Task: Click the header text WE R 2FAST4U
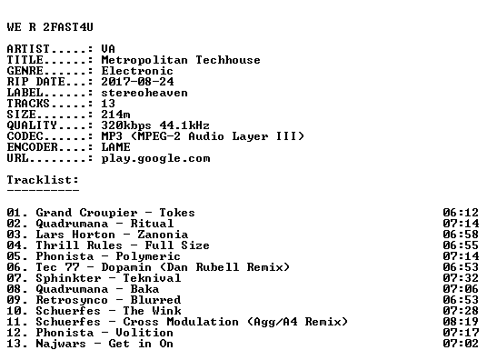click(x=50, y=27)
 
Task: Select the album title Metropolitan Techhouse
click(x=181, y=60)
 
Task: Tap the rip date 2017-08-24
click(x=137, y=82)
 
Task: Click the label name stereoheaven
click(x=144, y=93)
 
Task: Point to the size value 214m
click(x=115, y=115)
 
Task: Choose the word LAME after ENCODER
click(x=115, y=147)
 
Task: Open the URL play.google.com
click(x=155, y=158)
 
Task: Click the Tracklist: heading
click(x=43, y=180)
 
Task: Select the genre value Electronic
click(x=137, y=71)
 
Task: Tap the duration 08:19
click(x=461, y=322)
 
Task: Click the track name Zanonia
click(x=163, y=235)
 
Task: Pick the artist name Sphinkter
click(x=68, y=278)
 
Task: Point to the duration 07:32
click(x=461, y=278)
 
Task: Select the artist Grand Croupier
click(x=86, y=213)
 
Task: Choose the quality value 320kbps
click(x=126, y=125)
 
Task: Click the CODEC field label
click(x=25, y=136)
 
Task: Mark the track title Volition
click(x=144, y=333)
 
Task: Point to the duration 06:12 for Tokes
click(x=461, y=213)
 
